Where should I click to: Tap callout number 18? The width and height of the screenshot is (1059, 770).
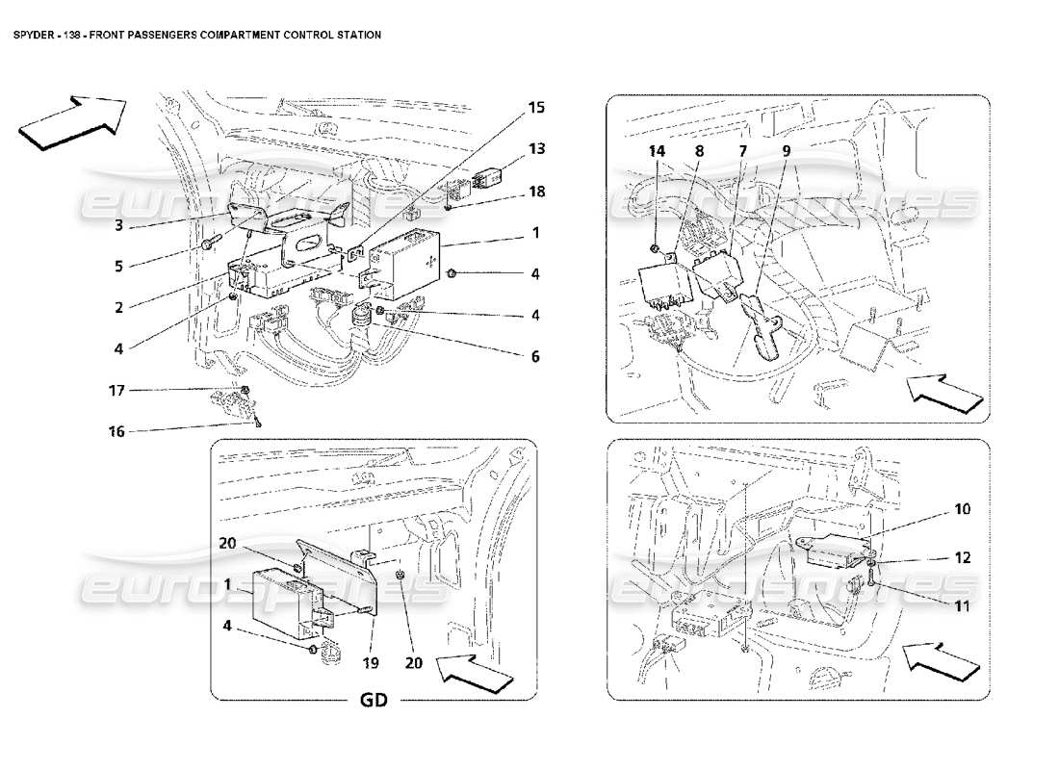click(x=536, y=192)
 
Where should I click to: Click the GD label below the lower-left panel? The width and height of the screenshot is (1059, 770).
click(x=374, y=700)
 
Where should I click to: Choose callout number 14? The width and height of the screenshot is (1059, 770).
click(x=657, y=150)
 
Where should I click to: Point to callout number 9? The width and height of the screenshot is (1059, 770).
click(x=786, y=150)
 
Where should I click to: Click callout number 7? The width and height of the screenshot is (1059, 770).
click(x=742, y=150)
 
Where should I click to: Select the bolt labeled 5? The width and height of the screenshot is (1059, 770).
click(x=212, y=241)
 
